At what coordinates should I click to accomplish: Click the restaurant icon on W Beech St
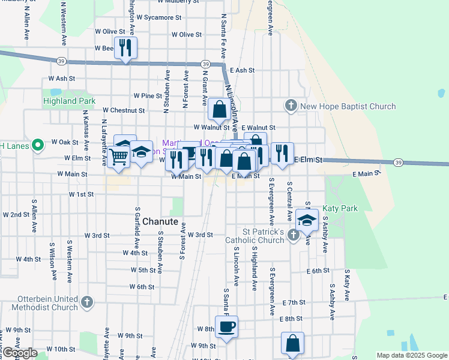pos(125,48)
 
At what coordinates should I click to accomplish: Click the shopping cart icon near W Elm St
pos(118,157)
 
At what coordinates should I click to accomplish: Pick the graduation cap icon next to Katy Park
pos(307,221)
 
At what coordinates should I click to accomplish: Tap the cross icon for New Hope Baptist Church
pos(291,106)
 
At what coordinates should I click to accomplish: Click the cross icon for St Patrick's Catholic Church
pos(292,235)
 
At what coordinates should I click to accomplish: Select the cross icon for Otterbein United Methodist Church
pos(87,302)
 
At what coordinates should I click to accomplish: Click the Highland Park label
pos(68,101)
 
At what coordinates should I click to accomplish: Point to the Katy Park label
pos(340,208)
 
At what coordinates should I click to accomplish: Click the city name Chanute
pos(160,221)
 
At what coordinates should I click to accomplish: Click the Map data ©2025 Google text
pos(412,355)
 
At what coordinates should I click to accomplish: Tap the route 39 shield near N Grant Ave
pos(205,64)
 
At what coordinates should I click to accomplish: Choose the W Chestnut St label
pos(124,110)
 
